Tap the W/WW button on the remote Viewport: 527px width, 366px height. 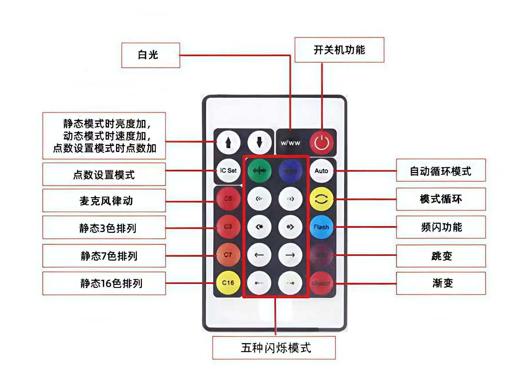(290, 143)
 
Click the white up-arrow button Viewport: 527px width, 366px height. (228, 142)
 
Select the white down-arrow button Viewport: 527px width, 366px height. (259, 142)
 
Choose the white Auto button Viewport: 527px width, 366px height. (321, 171)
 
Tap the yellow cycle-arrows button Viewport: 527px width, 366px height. (321, 199)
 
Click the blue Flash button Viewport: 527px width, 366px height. (321, 227)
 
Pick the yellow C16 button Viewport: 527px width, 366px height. (228, 283)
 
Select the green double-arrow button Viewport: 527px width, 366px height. (259, 171)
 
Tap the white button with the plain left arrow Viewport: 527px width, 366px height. (259, 255)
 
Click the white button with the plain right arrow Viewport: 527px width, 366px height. (290, 255)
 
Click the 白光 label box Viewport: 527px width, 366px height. (151, 55)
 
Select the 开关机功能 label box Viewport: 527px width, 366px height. (339, 50)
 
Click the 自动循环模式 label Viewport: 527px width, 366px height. (441, 171)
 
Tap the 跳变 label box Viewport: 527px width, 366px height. (441, 256)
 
